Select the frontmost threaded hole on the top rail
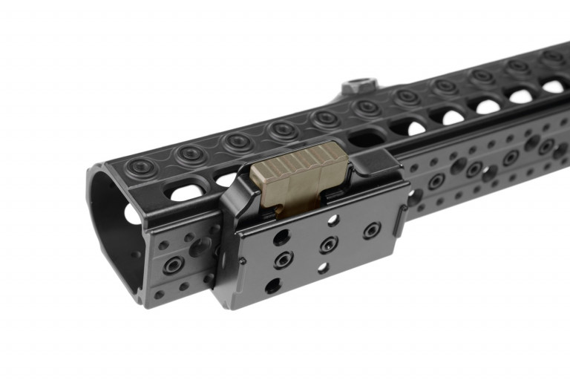point(138,166)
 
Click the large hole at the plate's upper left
point(281,237)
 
